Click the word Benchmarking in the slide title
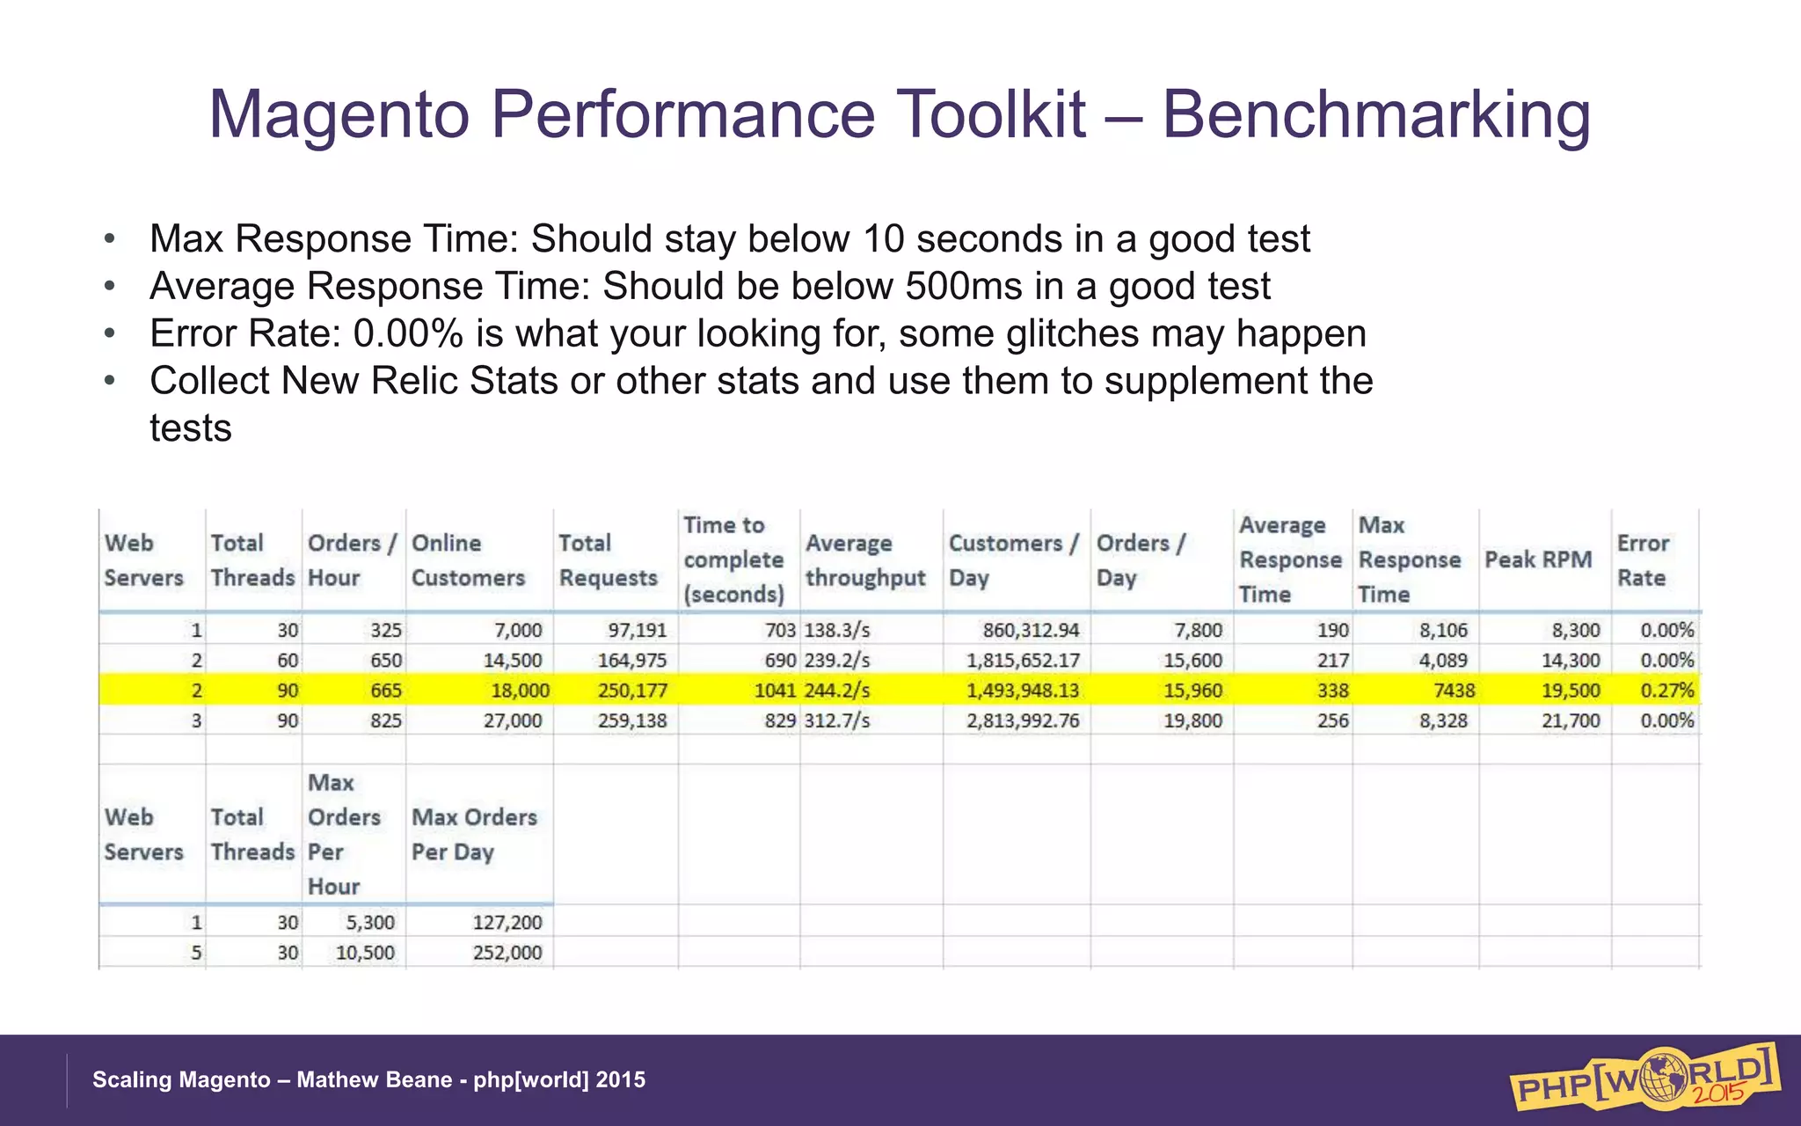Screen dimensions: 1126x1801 [x=1376, y=114]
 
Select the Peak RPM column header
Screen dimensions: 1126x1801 [x=1538, y=559]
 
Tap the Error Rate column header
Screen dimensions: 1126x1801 [x=1642, y=560]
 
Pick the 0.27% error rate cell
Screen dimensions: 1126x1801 [x=1666, y=691]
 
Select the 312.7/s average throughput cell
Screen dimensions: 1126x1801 [x=837, y=720]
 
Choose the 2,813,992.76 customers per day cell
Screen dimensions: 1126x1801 [x=1023, y=720]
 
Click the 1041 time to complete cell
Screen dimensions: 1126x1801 [x=775, y=691]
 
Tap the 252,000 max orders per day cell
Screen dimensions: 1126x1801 [x=507, y=953]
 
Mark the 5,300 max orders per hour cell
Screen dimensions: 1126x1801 [x=370, y=922]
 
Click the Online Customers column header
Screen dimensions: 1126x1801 [x=468, y=560]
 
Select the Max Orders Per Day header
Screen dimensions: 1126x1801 [x=474, y=834]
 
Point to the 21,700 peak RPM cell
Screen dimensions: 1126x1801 [x=1571, y=720]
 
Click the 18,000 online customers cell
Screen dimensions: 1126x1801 [x=520, y=691]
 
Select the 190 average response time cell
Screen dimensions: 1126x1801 [x=1332, y=630]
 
